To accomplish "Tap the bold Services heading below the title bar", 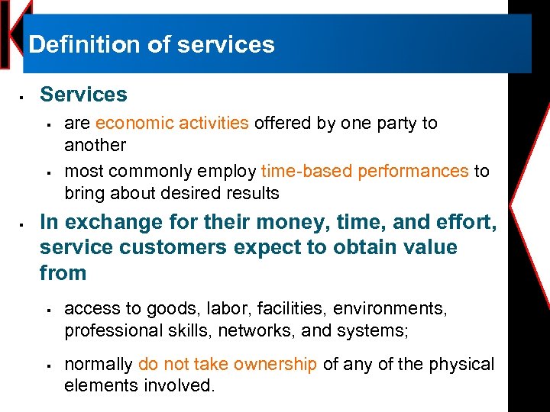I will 83,95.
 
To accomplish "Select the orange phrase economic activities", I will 172,123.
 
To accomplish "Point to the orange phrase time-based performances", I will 364,171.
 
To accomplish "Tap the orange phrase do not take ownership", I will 228,365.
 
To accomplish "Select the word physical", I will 461,365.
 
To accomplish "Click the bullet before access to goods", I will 47,310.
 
